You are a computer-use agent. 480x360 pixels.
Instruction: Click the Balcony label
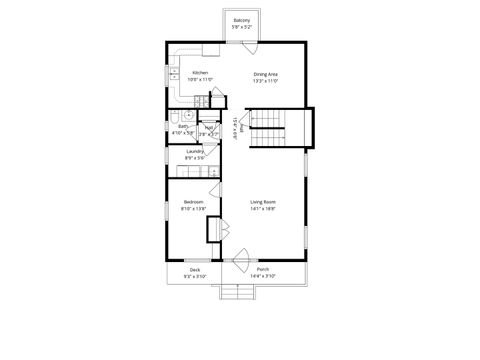tap(241, 20)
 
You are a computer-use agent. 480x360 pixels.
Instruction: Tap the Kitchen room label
tap(200, 73)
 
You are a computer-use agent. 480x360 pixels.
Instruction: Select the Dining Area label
tap(265, 73)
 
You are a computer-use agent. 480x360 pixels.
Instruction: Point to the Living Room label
tap(263, 202)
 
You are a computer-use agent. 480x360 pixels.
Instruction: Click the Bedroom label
tap(193, 202)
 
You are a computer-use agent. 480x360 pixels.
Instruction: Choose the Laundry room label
tap(195, 151)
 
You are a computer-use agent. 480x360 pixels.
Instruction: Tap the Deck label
tap(194, 269)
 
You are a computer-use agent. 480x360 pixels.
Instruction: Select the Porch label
tap(263, 269)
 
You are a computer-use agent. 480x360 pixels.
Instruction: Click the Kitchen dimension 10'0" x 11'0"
tap(200, 79)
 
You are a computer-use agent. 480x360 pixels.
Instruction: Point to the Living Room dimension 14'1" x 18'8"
tap(263, 208)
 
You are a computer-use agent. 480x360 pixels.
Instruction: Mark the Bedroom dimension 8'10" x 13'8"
tap(193, 208)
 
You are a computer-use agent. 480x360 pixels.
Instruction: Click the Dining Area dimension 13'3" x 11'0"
tap(265, 79)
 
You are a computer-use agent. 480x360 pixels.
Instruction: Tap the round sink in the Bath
tap(187, 115)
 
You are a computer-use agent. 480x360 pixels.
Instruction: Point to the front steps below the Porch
tap(237, 291)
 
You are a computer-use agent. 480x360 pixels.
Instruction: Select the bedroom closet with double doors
tap(213, 228)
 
